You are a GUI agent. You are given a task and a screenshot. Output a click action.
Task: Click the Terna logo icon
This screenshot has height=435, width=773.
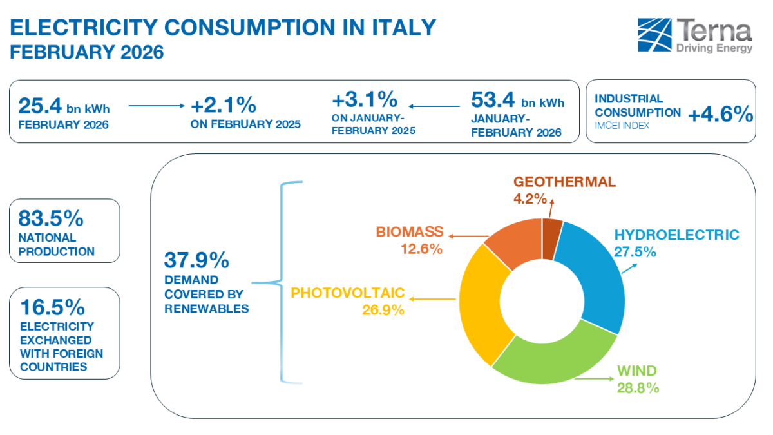[x=653, y=35]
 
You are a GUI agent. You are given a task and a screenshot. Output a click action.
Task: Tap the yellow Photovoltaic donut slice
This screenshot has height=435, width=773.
[x=479, y=303]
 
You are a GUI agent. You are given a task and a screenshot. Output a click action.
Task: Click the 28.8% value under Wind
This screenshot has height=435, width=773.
[x=638, y=388]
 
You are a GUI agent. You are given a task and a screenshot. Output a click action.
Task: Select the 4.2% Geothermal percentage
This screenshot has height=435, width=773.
[x=530, y=198]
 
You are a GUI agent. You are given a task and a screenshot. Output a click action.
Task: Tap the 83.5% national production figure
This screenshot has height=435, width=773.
[x=51, y=218]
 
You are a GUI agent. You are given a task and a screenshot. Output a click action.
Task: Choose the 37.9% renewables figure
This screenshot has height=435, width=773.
[x=196, y=260]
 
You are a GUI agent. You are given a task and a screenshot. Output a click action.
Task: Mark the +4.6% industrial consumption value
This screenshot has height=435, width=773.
[x=720, y=115]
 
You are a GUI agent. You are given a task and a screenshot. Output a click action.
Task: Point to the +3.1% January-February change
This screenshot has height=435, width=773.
[x=364, y=100]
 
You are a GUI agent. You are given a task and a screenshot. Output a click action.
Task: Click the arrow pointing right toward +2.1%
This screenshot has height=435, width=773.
[x=157, y=105]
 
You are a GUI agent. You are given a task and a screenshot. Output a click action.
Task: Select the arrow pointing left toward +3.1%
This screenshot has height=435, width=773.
[x=435, y=105]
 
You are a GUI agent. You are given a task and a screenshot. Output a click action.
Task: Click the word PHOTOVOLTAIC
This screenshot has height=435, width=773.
[x=348, y=293]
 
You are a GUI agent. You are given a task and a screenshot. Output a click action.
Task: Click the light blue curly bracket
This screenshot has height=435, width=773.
[x=283, y=282]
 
